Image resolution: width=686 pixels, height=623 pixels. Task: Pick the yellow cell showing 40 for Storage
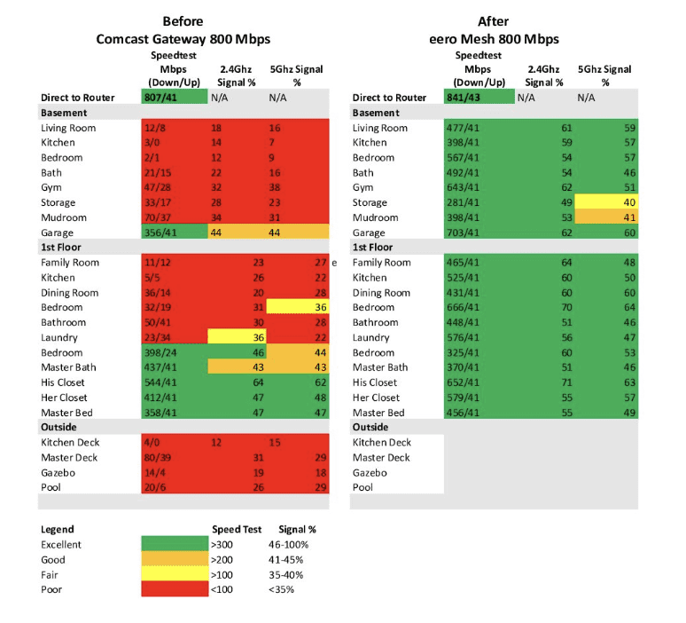coord(606,203)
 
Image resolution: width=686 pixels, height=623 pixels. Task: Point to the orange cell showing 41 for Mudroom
coord(606,217)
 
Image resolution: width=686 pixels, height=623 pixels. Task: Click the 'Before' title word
coord(183,21)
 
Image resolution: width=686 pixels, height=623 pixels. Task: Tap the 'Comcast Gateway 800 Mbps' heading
coord(183,39)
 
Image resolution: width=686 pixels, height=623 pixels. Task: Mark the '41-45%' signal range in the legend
coord(286,561)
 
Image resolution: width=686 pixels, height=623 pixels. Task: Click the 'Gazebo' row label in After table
coord(370,473)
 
